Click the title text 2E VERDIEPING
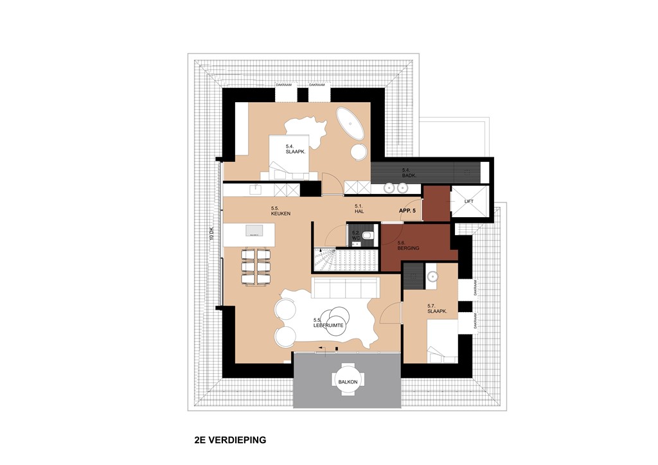tap(229, 441)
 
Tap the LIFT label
tap(468, 202)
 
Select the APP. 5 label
tap(407, 210)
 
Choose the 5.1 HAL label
tap(360, 208)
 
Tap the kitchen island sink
tap(254, 230)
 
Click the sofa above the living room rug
tap(345, 288)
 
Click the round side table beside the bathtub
tap(359, 152)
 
